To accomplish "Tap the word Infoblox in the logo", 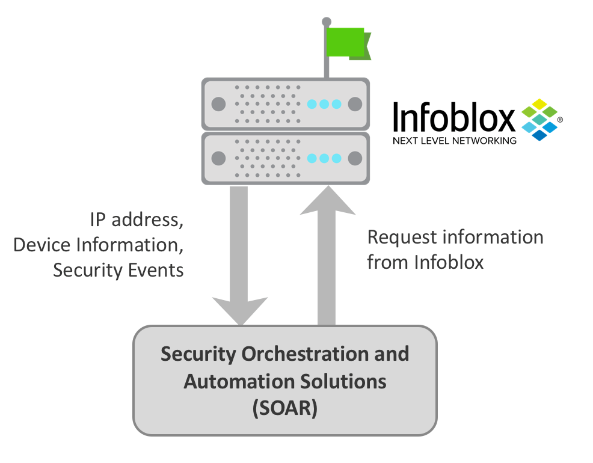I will [454, 117].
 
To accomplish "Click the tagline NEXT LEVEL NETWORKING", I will [454, 141].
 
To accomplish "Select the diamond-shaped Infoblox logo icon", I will [539, 118].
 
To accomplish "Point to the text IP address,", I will [137, 220].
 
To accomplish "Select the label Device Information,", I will [98, 245].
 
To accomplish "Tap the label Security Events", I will [118, 270].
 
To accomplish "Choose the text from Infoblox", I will [425, 262].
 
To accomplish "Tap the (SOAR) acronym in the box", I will [285, 409].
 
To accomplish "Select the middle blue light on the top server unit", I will [324, 104].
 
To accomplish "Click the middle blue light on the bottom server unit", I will [324, 159].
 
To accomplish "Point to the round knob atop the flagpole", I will [326, 22].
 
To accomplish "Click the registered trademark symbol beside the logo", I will [560, 120].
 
